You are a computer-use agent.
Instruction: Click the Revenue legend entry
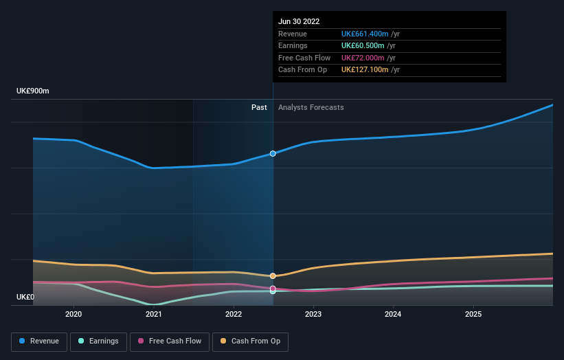pyautogui.click(x=39, y=341)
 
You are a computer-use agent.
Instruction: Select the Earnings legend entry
pyautogui.click(x=98, y=341)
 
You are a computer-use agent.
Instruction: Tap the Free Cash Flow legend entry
pyautogui.click(x=170, y=341)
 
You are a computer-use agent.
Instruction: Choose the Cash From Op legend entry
pyautogui.click(x=250, y=341)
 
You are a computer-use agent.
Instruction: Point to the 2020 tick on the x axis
pyautogui.click(x=74, y=315)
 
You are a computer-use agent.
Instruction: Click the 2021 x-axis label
pyautogui.click(x=154, y=315)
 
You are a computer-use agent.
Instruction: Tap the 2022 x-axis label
pyautogui.click(x=234, y=315)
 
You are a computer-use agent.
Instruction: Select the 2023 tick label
pyautogui.click(x=313, y=315)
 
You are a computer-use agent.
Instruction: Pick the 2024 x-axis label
pyautogui.click(x=394, y=315)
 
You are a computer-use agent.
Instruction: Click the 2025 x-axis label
pyautogui.click(x=473, y=315)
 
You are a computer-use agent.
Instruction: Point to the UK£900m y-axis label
pyautogui.click(x=33, y=91)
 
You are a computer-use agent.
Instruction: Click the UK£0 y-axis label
pyautogui.click(x=25, y=297)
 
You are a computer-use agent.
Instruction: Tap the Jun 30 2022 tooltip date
pyautogui.click(x=299, y=21)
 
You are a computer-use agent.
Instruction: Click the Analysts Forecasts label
pyautogui.click(x=311, y=107)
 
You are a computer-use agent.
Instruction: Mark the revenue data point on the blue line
pyautogui.click(x=273, y=153)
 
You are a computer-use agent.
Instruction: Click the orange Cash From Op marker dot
pyautogui.click(x=273, y=275)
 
